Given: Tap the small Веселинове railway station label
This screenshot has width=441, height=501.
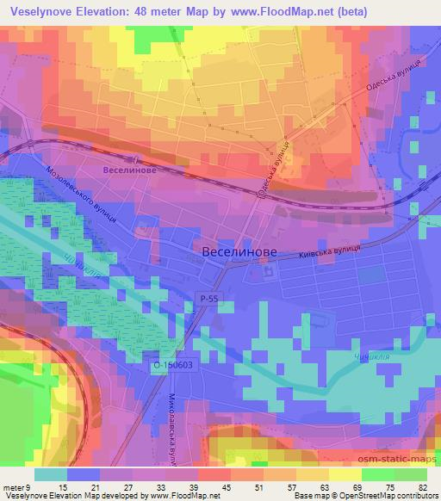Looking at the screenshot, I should (x=128, y=171).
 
